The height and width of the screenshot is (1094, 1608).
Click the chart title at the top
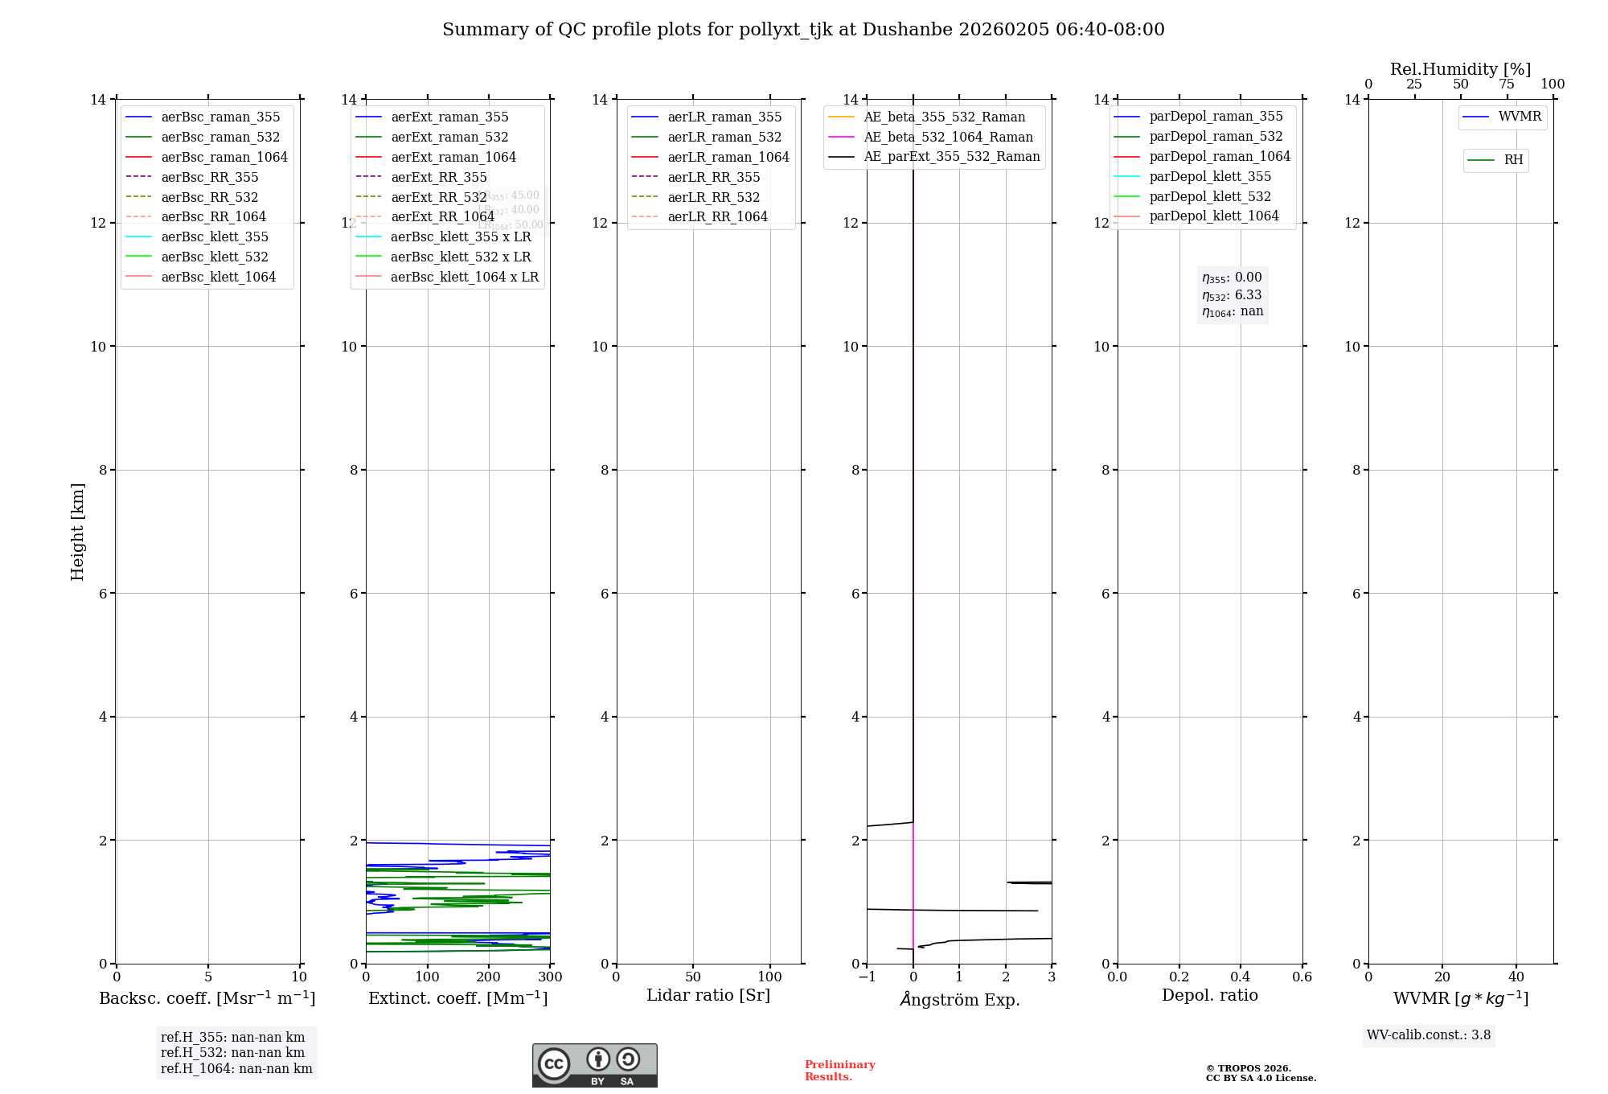point(803,30)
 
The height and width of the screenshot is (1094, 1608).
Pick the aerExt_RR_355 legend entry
point(438,177)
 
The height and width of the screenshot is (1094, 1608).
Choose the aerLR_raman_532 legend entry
point(724,137)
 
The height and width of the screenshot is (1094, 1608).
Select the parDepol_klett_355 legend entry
point(1210,176)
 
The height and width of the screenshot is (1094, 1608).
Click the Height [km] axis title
point(77,531)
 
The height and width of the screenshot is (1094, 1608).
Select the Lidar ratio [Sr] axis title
point(708,995)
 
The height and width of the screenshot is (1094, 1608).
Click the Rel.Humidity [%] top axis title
point(1460,69)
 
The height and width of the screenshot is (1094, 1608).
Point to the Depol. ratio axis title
point(1209,995)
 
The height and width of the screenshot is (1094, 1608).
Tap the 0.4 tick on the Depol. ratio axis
point(1241,977)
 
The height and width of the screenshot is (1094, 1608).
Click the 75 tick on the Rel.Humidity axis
point(1507,84)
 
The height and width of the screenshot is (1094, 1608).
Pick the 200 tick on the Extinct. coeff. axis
point(489,977)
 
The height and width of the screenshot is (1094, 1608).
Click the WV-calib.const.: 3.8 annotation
point(1429,1035)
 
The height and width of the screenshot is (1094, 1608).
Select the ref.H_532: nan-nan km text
point(232,1052)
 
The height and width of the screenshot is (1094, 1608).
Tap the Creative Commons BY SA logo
point(594,1065)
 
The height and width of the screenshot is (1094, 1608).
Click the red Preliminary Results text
point(839,1071)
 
